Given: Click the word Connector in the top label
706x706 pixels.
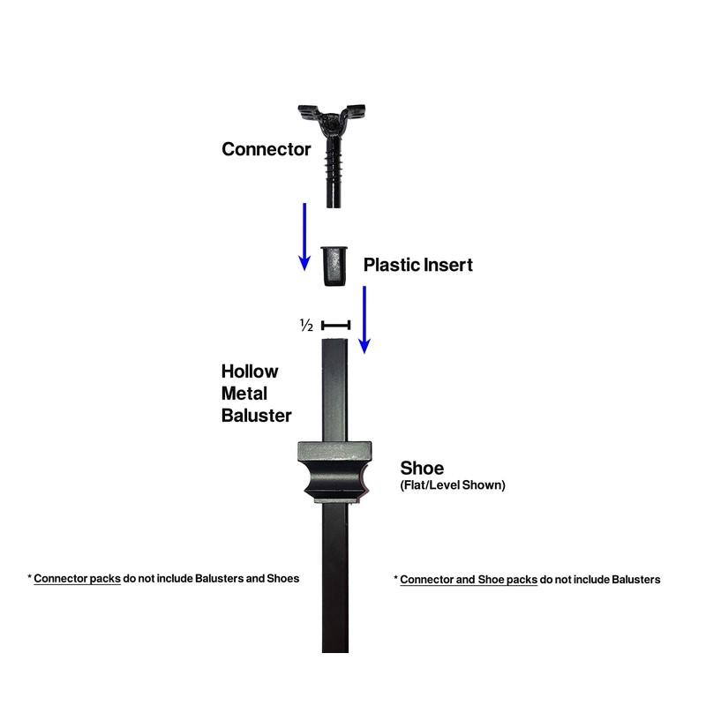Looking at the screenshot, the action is (x=266, y=149).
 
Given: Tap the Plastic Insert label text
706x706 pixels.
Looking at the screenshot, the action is (x=417, y=265).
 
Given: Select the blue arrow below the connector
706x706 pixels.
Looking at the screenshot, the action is (x=304, y=236).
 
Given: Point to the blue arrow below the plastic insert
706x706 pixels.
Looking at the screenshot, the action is (x=364, y=319).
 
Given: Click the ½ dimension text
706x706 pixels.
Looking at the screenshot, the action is (x=307, y=326).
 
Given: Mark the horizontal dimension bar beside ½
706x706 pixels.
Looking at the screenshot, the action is (x=336, y=326).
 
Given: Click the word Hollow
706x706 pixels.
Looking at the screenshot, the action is (x=250, y=372).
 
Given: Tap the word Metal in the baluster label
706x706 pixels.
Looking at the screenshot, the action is (x=244, y=393).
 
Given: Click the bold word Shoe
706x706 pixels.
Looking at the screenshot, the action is (x=422, y=468).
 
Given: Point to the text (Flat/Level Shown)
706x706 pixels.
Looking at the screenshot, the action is (x=453, y=485).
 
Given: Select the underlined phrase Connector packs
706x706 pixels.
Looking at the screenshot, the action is (x=77, y=579).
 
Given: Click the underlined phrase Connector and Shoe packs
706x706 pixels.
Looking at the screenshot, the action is (x=469, y=580).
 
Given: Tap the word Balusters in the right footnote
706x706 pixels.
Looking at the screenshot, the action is (x=633, y=580).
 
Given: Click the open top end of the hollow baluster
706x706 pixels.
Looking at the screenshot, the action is (x=334, y=343).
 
